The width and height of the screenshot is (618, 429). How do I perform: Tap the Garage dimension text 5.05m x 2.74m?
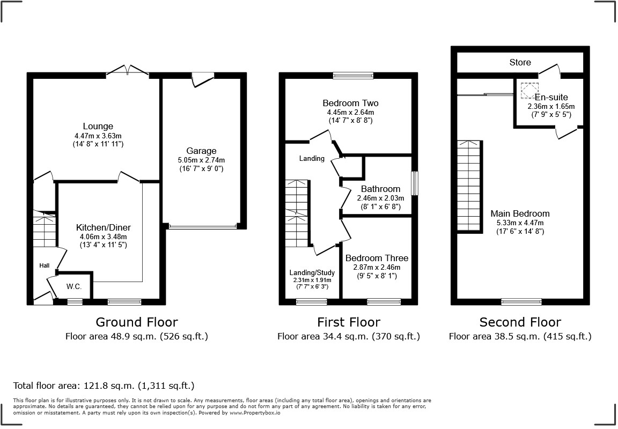pyautogui.click(x=201, y=160)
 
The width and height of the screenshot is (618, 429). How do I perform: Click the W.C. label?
pyautogui.click(x=74, y=287)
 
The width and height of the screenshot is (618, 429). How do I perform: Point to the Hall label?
pyautogui.click(x=44, y=265)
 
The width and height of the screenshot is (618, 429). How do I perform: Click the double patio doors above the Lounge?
pyautogui.click(x=127, y=71)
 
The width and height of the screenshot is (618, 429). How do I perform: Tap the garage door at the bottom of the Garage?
pyautogui.click(x=202, y=227)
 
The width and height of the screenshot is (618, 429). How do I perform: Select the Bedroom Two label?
pyautogui.click(x=350, y=103)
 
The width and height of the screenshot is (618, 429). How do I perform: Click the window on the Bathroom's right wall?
pyautogui.click(x=414, y=183)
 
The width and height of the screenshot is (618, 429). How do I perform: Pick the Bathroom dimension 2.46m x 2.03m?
pyautogui.click(x=380, y=198)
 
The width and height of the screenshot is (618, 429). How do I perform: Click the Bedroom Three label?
pyautogui.click(x=377, y=258)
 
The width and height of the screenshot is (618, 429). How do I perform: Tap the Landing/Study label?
pyautogui.click(x=312, y=272)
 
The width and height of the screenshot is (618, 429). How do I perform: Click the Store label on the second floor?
pyautogui.click(x=520, y=62)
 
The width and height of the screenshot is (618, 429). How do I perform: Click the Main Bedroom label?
pyautogui.click(x=520, y=213)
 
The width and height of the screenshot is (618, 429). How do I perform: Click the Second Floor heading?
pyautogui.click(x=520, y=322)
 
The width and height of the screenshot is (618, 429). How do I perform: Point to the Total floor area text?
pyautogui.click(x=104, y=386)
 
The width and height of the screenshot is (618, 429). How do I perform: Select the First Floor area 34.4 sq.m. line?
pyautogui.click(x=348, y=337)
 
